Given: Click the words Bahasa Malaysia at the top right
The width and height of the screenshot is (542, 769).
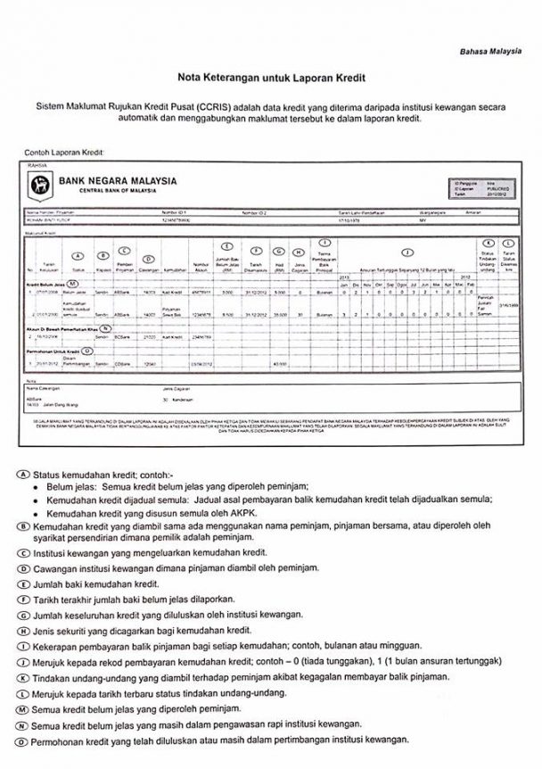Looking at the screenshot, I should (x=490, y=52).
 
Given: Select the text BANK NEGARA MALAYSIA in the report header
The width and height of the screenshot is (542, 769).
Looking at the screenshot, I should (x=117, y=181).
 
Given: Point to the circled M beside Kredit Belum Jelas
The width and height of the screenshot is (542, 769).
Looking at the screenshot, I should (x=73, y=282).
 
